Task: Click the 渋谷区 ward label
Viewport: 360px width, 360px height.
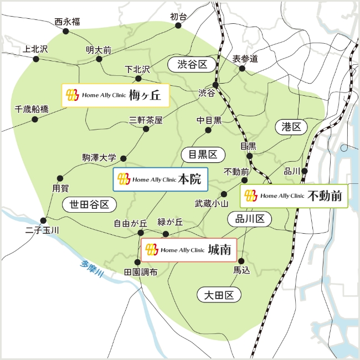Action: point(192,65)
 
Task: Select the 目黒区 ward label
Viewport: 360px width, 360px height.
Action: point(203,154)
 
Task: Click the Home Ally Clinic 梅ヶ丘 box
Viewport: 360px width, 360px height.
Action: point(115,95)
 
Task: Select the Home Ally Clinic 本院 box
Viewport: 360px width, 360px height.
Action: point(160,179)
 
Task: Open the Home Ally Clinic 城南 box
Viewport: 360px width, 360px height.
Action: point(189,250)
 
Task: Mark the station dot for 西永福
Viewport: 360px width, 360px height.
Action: point(66,32)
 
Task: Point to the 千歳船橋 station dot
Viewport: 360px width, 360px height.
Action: point(35,119)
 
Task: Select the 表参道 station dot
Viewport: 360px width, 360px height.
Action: point(242,69)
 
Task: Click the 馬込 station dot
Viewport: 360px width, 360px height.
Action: point(241,260)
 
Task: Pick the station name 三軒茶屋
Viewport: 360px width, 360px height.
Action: point(146,120)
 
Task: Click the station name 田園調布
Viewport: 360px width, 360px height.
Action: point(141,272)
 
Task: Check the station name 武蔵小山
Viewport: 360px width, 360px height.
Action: point(212,204)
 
